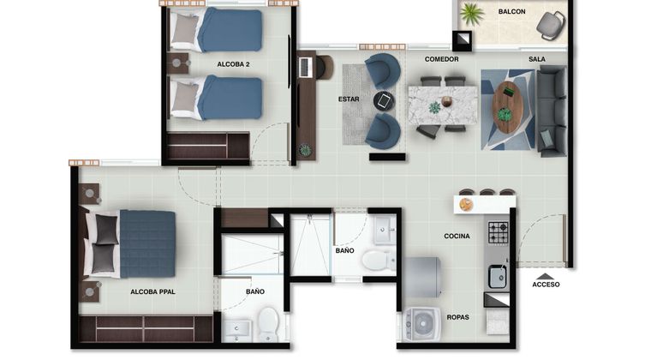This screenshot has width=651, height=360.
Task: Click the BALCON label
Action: [511, 12]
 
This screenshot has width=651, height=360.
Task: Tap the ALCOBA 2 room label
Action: [233, 64]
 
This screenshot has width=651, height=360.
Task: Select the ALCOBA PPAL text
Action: [152, 292]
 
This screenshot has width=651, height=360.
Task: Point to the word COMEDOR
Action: [441, 59]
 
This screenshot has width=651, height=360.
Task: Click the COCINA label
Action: [457, 237]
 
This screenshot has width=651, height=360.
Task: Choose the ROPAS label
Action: [458, 317]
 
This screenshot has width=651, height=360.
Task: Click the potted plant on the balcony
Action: [473, 14]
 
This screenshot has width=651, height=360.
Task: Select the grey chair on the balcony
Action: [551, 26]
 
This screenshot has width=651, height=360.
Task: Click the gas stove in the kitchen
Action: [498, 232]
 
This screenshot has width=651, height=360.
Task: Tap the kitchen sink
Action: [498, 277]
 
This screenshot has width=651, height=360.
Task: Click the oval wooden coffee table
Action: [507, 107]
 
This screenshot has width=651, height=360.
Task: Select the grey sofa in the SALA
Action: [552, 111]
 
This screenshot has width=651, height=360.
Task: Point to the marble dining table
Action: [443, 105]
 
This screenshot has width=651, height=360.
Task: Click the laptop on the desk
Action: [305, 67]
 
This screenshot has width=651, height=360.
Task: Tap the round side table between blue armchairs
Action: [384, 101]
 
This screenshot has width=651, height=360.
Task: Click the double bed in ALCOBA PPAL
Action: [130, 244]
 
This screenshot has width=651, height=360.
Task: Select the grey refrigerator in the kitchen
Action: [421, 278]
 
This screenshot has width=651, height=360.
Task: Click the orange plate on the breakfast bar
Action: [466, 205]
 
